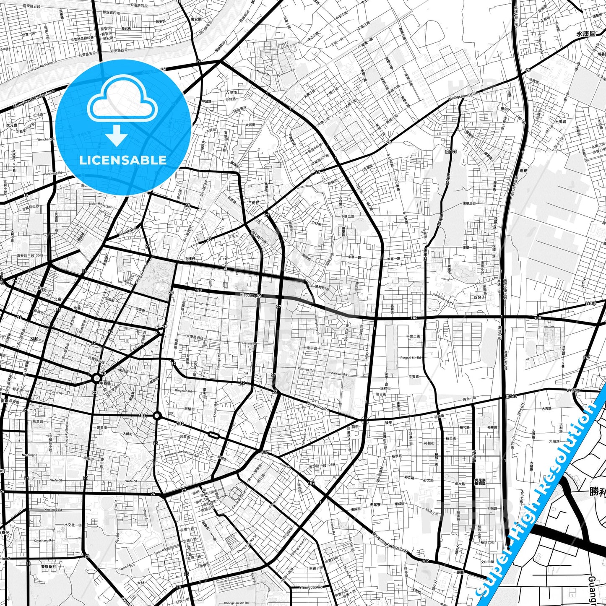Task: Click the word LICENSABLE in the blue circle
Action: click(x=123, y=160)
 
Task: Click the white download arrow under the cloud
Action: click(x=117, y=135)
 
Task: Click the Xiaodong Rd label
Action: click(x=251, y=296)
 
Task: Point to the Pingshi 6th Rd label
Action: click(x=411, y=358)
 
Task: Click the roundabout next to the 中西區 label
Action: click(x=97, y=379)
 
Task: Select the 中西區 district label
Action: click(x=105, y=383)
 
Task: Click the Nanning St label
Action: click(x=30, y=455)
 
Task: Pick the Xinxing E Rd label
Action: click(x=53, y=510)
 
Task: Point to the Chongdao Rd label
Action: click(x=311, y=587)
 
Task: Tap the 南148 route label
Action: click(x=511, y=396)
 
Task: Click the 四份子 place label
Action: click(x=479, y=296)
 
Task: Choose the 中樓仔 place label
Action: click(x=190, y=259)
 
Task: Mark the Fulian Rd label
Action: click(x=192, y=453)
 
